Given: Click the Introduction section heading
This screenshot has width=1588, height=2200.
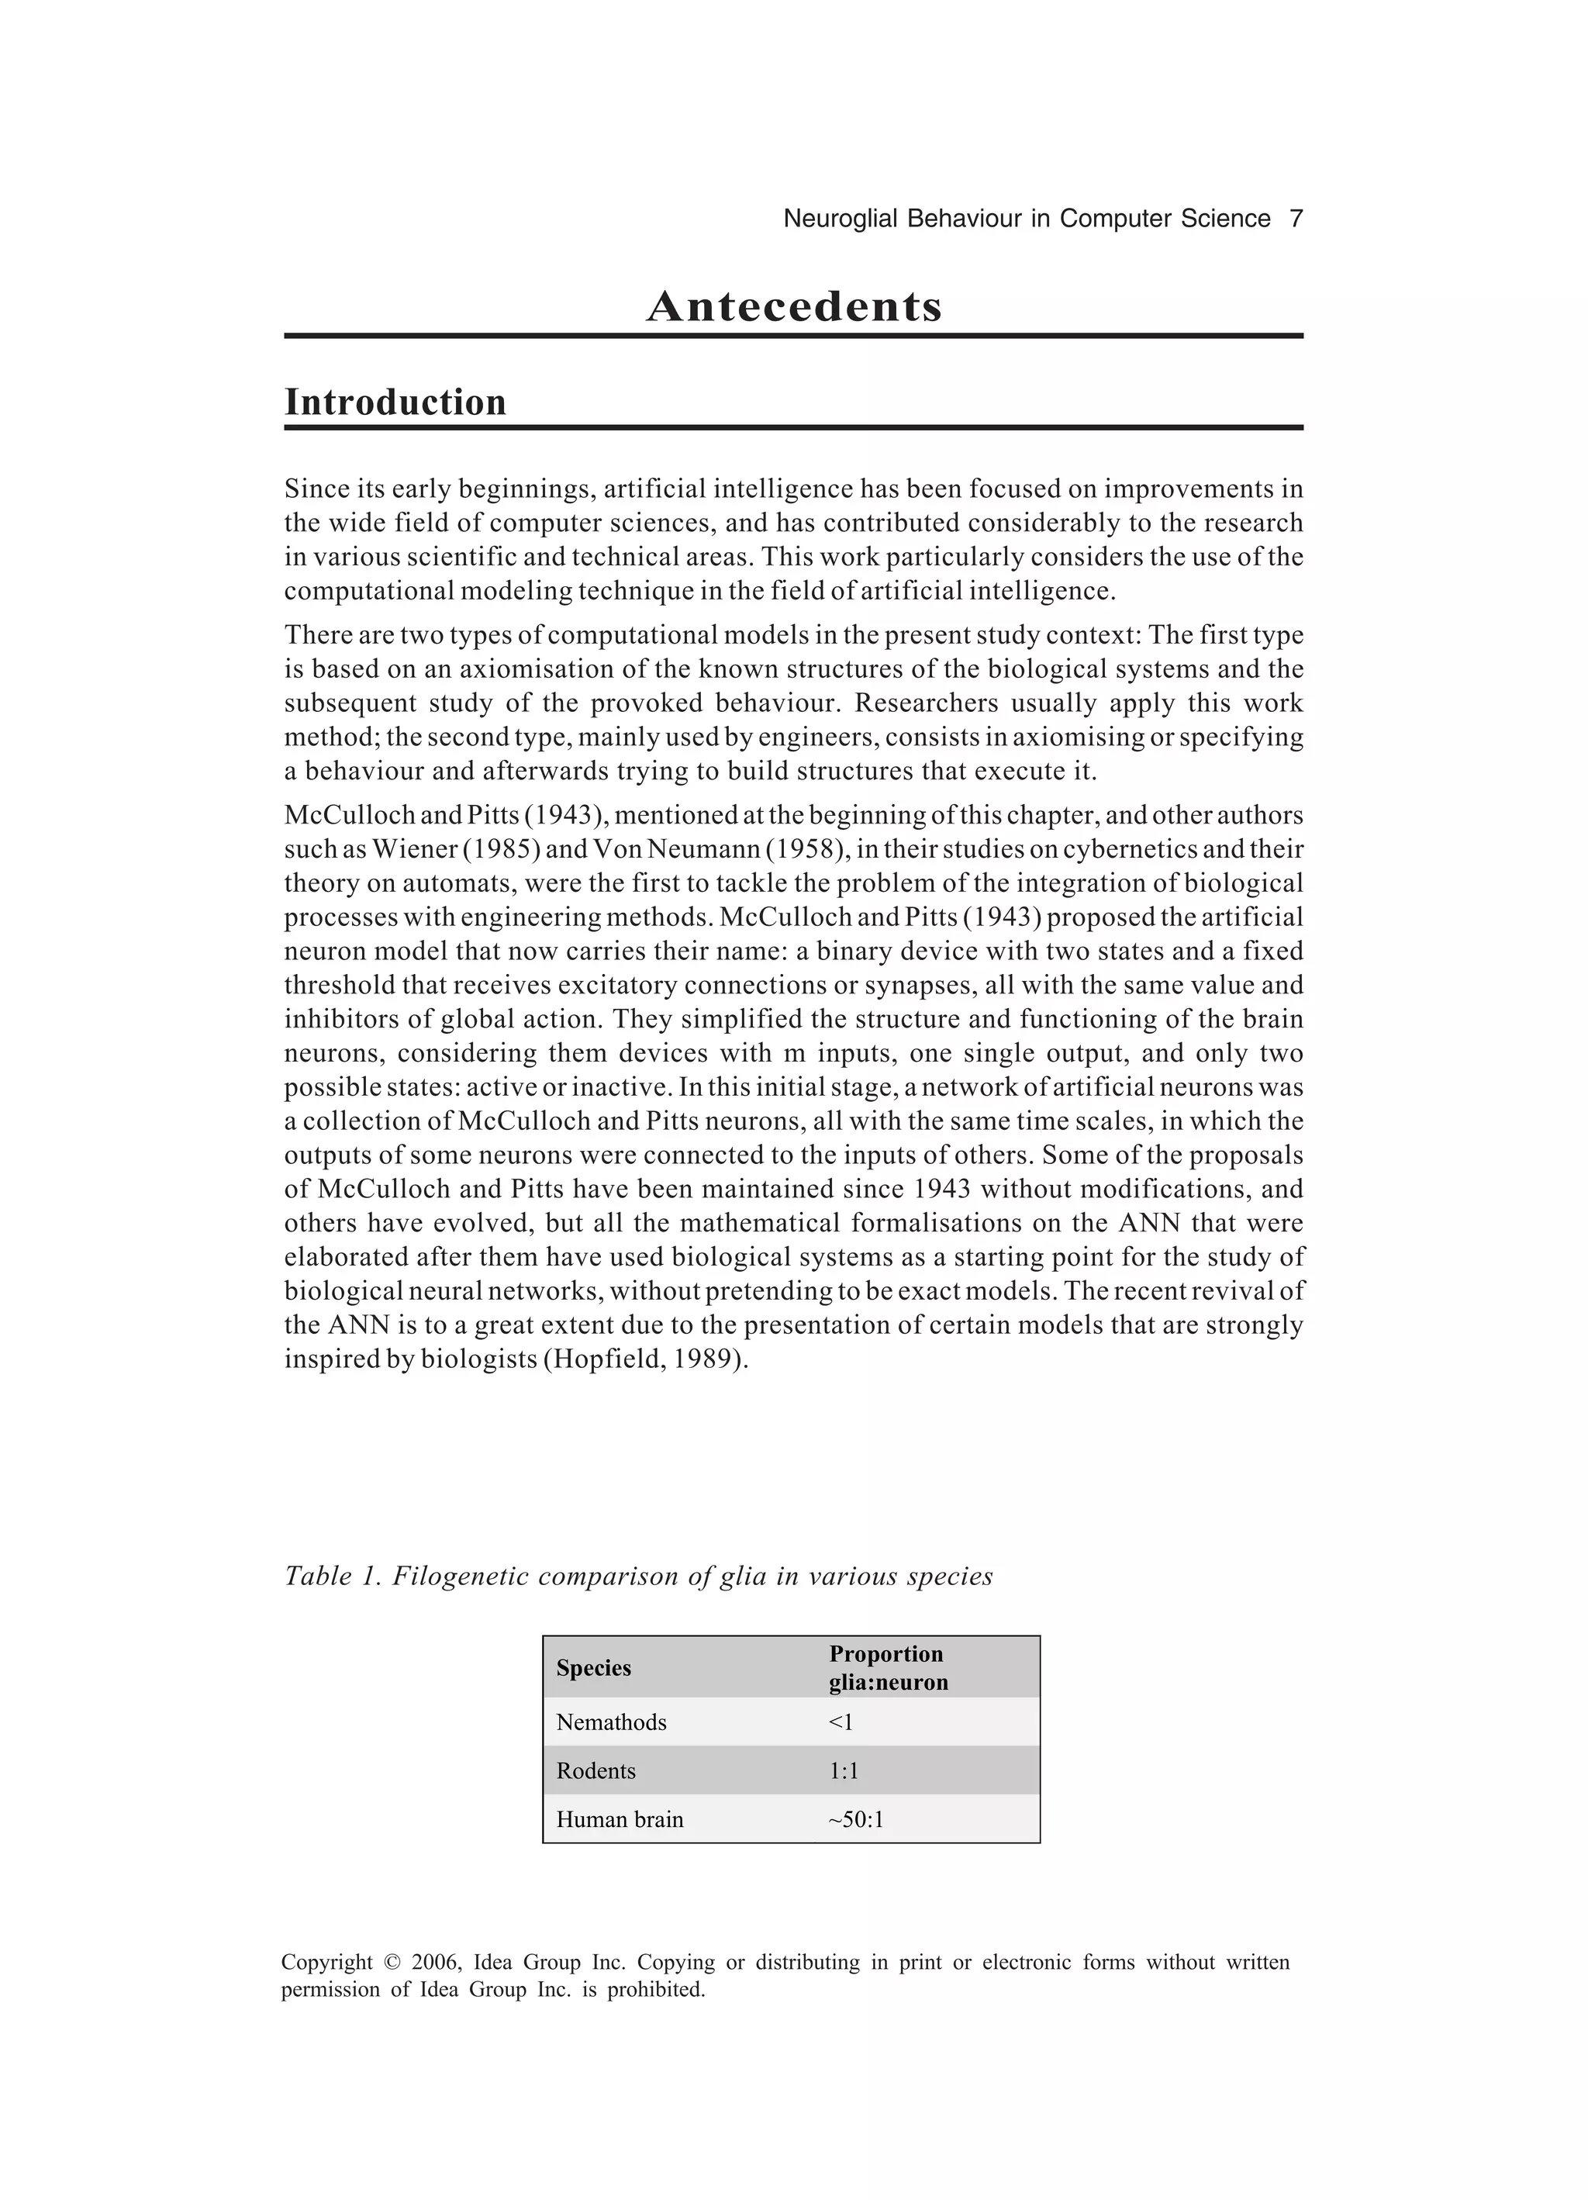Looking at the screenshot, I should click(x=395, y=402).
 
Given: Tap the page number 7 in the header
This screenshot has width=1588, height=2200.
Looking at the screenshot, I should click(x=1295, y=219).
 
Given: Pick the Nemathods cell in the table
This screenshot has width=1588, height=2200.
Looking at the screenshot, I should click(x=611, y=1723).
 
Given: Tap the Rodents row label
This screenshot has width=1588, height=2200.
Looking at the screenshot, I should click(x=595, y=1771).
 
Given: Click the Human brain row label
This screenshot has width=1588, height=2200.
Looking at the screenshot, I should click(x=619, y=1820).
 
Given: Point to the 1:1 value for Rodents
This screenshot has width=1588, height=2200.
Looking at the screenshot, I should click(x=843, y=1771).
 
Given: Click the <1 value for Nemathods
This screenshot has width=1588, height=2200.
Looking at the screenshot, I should click(x=840, y=1723).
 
